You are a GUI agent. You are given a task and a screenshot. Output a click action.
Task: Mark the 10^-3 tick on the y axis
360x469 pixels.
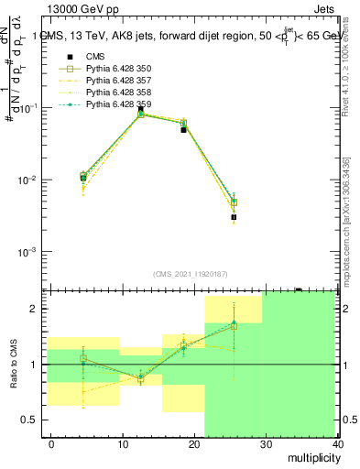coord(31,252)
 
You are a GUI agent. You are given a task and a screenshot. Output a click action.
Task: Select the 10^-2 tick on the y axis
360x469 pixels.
coord(31,180)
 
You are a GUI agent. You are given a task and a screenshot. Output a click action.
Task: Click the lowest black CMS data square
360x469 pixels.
coord(234,217)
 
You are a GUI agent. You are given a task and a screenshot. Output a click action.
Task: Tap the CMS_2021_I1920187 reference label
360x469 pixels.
coord(190,274)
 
